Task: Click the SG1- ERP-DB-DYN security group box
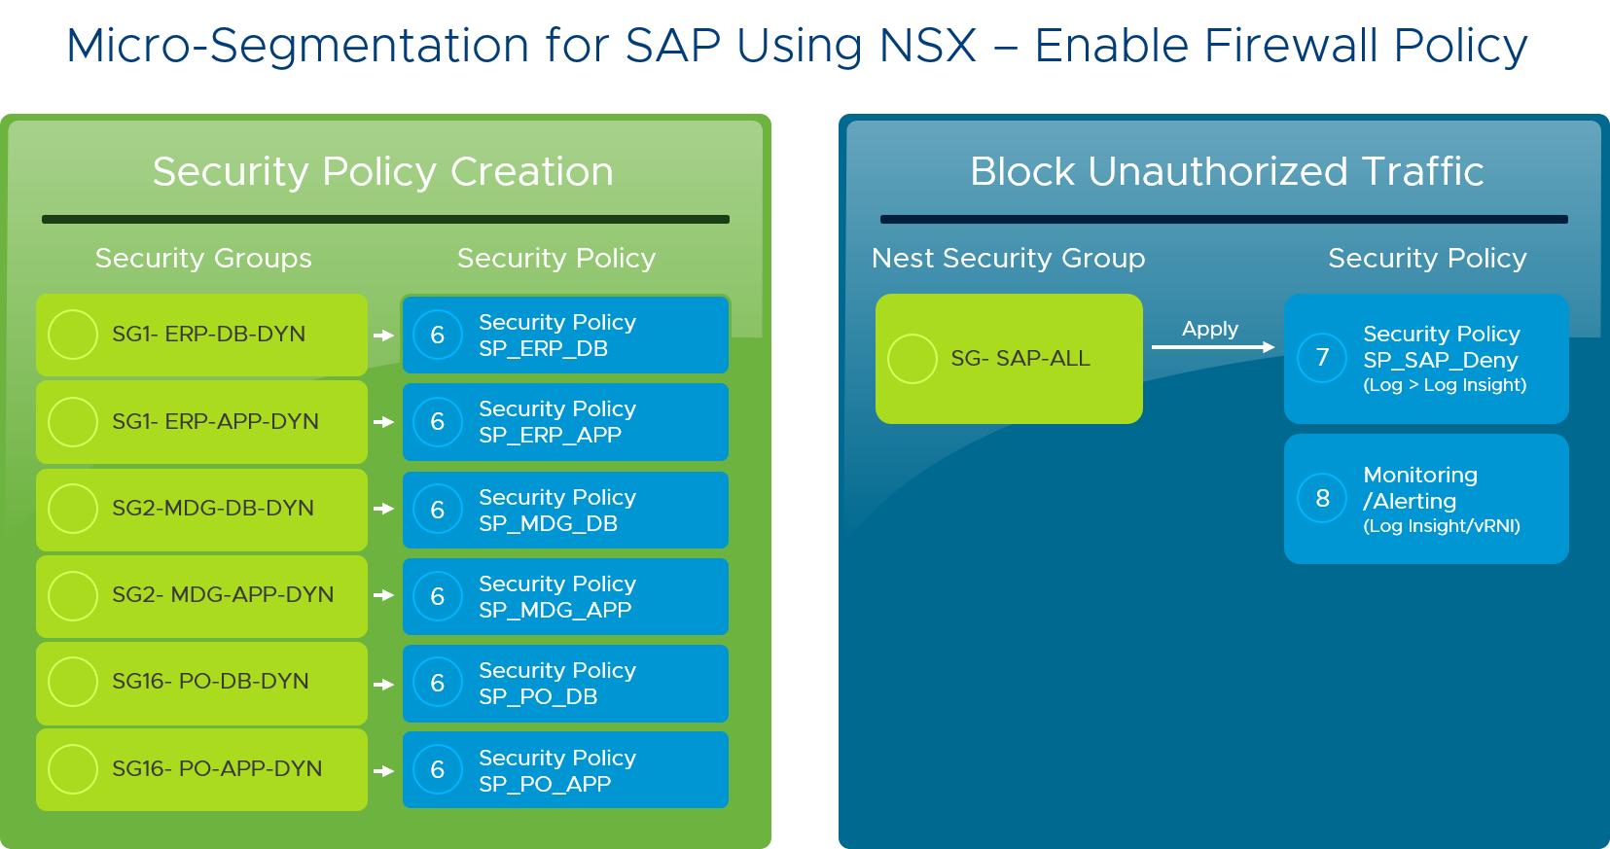[201, 335]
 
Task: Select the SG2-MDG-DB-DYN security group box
[201, 509]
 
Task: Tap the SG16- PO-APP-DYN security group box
[201, 769]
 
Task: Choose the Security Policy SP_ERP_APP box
[565, 422]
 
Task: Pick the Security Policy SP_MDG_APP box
[565, 596]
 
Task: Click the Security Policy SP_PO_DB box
[565, 684]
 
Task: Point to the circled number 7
[1322, 358]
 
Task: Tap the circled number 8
[1322, 499]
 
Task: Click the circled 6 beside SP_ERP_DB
[438, 336]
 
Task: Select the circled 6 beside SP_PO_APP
[438, 770]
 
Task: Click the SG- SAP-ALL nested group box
[1009, 359]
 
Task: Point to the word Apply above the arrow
[1210, 329]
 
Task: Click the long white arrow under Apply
[1212, 347]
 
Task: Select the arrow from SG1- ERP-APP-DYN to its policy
[384, 422]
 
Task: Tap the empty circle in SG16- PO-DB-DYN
[73, 682]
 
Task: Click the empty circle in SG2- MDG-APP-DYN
[73, 595]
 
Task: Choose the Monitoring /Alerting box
[1426, 499]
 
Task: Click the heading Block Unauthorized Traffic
[1226, 171]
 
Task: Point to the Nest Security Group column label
[1008, 258]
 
